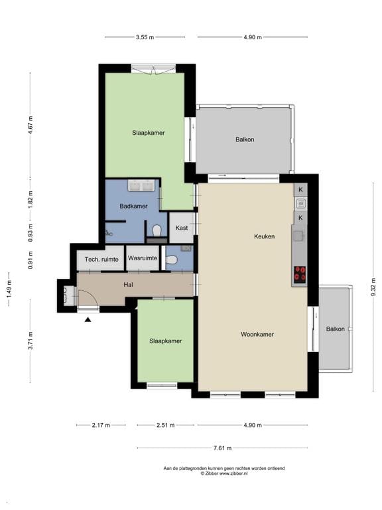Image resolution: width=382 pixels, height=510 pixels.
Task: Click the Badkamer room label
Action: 133,207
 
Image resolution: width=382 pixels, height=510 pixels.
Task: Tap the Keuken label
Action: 264,236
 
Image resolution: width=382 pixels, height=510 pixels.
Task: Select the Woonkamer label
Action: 257,335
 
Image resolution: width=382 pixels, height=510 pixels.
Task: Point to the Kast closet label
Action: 182,228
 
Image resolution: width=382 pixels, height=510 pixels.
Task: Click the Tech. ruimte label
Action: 101,259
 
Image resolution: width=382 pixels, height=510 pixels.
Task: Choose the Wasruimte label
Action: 143,258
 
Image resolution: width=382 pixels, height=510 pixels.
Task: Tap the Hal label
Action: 128,285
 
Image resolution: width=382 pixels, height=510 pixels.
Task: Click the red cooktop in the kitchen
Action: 300,274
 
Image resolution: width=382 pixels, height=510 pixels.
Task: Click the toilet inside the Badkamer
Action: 157,230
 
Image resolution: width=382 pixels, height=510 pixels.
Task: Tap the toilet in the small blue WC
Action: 171,260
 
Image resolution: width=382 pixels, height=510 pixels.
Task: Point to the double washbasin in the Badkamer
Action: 142,186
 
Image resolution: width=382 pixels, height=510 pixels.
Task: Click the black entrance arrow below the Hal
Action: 88,320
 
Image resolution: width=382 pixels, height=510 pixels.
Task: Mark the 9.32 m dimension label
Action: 373,286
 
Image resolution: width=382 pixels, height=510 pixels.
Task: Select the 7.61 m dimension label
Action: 223,448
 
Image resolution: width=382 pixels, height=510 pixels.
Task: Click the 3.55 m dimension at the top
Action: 145,37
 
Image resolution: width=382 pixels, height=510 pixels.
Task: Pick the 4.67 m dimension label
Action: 31,124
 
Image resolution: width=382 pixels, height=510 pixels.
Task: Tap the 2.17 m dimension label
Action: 101,425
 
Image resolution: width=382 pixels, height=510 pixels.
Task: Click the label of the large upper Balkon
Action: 245,139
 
